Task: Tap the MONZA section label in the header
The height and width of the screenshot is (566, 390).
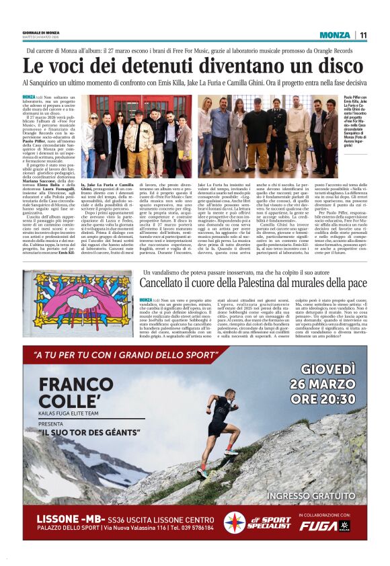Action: point(335,35)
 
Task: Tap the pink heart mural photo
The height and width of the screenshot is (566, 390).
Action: point(77,302)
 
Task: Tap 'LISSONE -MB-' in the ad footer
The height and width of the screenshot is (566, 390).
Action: point(67,520)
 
